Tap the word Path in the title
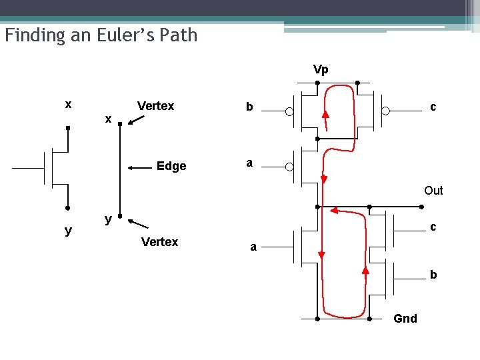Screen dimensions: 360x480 tap(179, 35)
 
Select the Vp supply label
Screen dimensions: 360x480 tap(321, 69)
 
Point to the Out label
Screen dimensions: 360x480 tap(433, 191)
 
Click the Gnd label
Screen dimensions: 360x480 tap(405, 319)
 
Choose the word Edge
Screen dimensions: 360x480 tap(171, 166)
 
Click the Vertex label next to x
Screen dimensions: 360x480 tap(155, 106)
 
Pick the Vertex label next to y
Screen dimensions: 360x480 tap(159, 242)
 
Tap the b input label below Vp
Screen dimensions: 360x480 tap(249, 107)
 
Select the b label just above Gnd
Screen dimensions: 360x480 tap(433, 274)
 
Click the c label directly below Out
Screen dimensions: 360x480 tap(433, 227)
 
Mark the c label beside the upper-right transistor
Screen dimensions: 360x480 tap(433, 106)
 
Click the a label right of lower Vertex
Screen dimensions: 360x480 tap(253, 247)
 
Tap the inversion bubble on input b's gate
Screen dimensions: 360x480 tap(289, 111)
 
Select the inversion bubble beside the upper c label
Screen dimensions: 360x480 tap(385, 111)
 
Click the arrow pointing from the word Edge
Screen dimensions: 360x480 tap(138, 166)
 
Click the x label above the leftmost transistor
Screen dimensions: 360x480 tap(68, 105)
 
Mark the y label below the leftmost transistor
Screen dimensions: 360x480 tap(68, 231)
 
